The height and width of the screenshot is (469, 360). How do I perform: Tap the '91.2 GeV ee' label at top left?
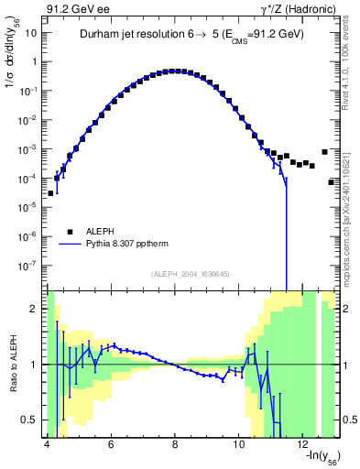click(x=75, y=8)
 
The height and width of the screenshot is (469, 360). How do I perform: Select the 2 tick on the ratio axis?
click(x=35, y=309)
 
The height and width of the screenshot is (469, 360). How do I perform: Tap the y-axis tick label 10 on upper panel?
click(x=29, y=33)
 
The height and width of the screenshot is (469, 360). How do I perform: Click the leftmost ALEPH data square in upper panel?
click(x=50, y=193)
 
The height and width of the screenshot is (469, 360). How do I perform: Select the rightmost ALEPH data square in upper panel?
click(x=331, y=181)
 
